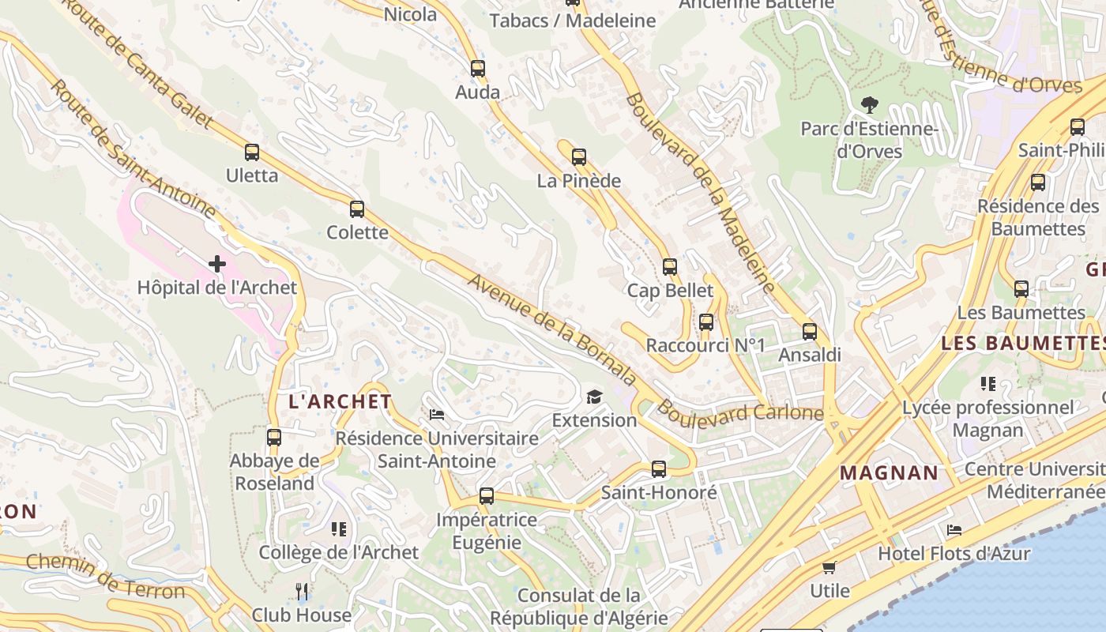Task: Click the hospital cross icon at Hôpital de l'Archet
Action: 217,264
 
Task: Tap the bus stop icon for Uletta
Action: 252,152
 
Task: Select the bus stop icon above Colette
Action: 357,209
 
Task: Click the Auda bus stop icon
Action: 478,69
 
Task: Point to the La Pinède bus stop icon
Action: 579,157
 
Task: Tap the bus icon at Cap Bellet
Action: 670,267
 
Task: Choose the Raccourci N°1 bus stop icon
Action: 706,322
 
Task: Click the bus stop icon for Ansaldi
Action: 810,332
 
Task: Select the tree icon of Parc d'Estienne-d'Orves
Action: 870,104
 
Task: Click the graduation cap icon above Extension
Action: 594,397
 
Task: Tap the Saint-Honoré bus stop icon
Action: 659,469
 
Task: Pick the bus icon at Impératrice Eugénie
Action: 487,496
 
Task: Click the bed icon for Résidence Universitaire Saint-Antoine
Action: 437,415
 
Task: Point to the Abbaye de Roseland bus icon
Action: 274,438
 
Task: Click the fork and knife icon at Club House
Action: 301,591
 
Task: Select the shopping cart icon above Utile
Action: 829,567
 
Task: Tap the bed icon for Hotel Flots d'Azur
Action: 954,530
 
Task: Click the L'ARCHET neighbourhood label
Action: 340,401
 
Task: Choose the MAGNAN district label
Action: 889,473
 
